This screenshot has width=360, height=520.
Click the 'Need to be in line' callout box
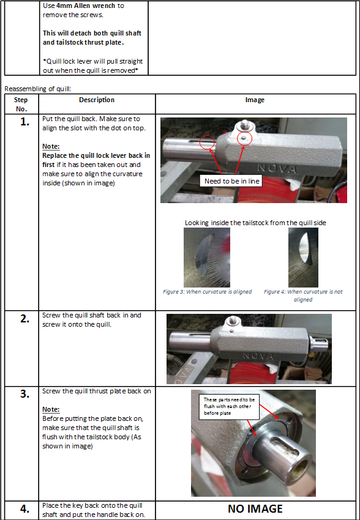coord(231,180)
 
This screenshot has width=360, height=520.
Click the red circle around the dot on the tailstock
coord(245,138)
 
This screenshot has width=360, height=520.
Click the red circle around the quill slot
coord(208,143)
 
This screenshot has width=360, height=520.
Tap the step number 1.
coord(25,122)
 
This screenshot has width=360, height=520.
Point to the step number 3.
coord(25,394)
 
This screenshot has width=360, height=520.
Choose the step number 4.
coord(25,508)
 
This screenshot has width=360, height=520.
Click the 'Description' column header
coord(97,100)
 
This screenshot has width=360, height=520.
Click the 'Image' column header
coord(255,100)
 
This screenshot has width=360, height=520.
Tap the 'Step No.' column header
coord(21,104)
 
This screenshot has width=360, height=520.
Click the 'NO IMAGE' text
coord(255,509)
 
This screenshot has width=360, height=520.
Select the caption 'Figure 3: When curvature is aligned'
coord(207,292)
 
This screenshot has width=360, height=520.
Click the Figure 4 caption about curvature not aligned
coord(303,295)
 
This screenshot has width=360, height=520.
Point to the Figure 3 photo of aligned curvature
coord(207,258)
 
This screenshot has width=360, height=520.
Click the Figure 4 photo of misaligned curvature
coord(303,258)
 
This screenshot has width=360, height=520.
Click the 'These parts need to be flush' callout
coord(229,406)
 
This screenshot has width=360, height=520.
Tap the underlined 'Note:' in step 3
coord(51,409)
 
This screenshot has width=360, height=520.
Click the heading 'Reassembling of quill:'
coord(37,89)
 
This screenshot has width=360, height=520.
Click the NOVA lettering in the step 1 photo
coord(277,169)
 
